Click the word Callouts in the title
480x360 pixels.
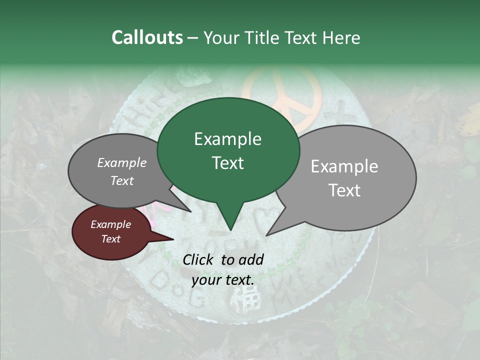147,37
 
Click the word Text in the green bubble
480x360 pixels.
227,163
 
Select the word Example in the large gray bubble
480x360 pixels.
344,166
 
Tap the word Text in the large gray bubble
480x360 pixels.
344,190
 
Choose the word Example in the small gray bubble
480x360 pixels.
122,162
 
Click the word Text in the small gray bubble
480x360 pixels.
122,181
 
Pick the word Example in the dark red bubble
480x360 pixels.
110,224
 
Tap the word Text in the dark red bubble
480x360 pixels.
110,239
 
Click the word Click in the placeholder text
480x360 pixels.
199,259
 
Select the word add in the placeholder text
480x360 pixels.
251,259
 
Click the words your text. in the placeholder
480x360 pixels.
223,280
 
